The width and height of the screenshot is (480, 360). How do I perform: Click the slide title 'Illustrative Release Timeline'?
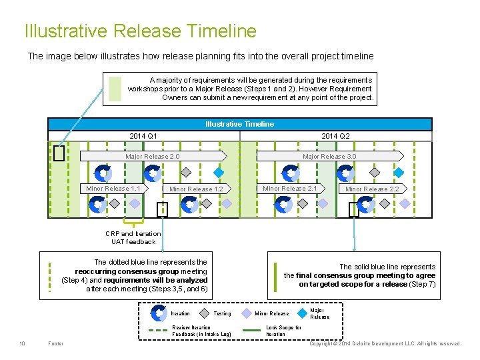point(140,31)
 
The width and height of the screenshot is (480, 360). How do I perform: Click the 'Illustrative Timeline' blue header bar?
point(239,124)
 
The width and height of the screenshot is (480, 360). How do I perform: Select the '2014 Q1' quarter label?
point(143,136)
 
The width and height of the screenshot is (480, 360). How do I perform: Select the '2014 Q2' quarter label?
point(335,136)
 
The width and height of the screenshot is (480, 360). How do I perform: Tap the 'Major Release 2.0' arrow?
point(153,157)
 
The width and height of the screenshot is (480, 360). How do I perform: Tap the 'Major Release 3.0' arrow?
point(330,157)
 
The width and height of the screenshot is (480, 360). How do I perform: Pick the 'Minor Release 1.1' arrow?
point(113,189)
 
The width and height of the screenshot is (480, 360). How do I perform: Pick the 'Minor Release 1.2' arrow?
point(196,189)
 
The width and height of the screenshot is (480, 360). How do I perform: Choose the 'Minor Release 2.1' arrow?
point(290,189)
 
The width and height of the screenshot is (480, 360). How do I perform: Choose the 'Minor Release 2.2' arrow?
point(372,189)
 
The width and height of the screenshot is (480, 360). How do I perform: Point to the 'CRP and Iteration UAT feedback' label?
point(133,237)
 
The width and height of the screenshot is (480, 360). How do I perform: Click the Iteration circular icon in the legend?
point(159,313)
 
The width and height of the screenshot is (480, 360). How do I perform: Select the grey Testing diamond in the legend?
point(202,313)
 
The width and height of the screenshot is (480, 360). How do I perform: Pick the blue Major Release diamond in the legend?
point(303,313)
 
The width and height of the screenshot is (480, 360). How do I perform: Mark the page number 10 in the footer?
point(22,343)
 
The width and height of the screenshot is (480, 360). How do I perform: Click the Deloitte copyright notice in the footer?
point(385,343)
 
